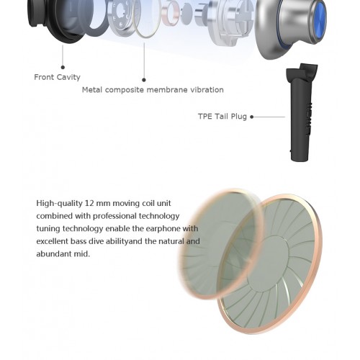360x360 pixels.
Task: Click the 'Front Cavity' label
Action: [57, 77]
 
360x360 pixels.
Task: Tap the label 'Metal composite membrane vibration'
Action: [153, 90]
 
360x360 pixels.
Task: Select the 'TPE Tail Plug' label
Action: [222, 117]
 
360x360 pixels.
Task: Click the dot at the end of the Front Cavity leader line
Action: [63, 68]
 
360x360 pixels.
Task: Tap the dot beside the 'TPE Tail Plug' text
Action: [252, 117]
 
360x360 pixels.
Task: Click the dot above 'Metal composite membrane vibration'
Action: [144, 80]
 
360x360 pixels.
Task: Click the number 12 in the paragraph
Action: [89, 203]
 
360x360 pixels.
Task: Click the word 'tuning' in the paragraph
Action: [48, 229]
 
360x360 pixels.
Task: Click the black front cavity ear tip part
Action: [56, 19]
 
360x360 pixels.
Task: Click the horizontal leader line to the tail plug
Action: [269, 117]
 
